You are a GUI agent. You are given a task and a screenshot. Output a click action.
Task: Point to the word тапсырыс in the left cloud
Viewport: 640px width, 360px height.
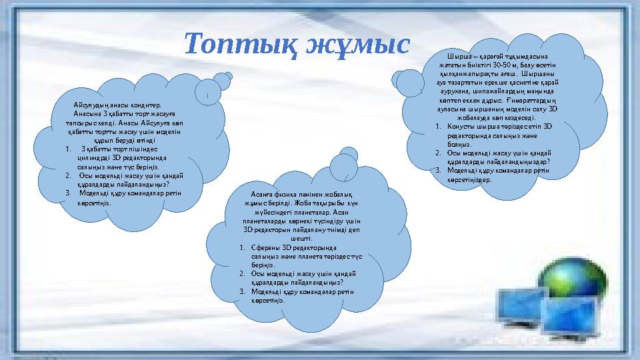pyautogui.click(x=82, y=123)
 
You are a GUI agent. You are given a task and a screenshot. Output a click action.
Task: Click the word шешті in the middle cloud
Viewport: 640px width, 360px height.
pyautogui.click(x=303, y=237)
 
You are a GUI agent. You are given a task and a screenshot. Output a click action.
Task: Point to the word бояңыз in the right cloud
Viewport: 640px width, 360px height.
pyautogui.click(x=459, y=143)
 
